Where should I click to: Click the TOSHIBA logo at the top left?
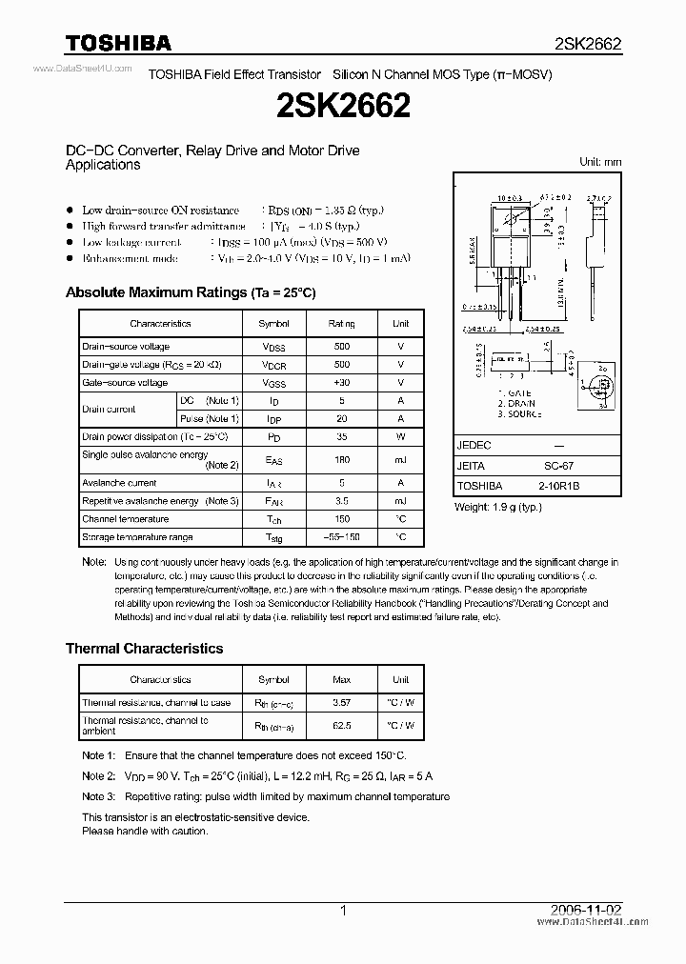118,43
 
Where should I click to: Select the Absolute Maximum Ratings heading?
190,292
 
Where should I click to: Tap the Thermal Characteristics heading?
144,648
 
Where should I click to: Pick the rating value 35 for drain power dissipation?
341,436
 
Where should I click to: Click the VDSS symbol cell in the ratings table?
273,347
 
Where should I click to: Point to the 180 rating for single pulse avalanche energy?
341,459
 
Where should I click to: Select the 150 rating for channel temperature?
341,519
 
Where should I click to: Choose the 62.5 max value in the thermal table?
341,725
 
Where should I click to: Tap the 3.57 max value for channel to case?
341,702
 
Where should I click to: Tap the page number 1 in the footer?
343,911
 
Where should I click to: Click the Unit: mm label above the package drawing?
600,162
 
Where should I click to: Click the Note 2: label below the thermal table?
98,776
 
